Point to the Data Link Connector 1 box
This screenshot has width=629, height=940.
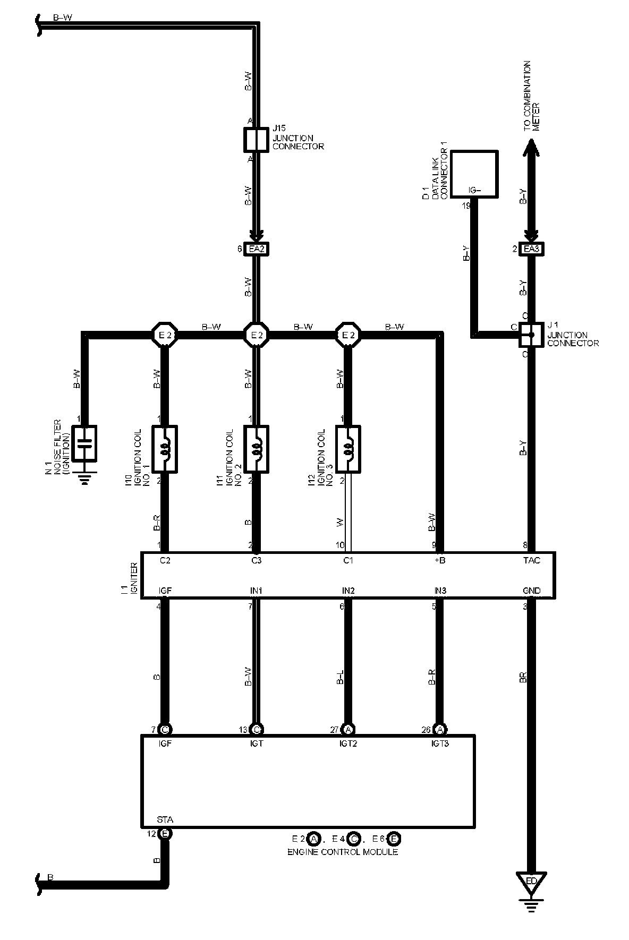474,174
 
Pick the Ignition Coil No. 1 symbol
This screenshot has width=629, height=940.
165,449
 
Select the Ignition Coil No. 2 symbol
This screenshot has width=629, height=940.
257,449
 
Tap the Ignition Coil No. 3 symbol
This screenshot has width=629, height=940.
348,449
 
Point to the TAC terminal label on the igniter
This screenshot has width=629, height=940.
531,560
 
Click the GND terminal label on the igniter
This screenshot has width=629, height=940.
531,591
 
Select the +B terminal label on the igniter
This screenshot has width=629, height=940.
439,560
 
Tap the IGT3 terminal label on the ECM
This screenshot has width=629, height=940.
440,744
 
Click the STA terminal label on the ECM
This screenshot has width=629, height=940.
165,819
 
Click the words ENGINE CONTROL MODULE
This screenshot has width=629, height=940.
343,852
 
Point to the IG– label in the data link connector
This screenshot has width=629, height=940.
474,190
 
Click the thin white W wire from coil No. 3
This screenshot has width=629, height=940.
348,515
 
